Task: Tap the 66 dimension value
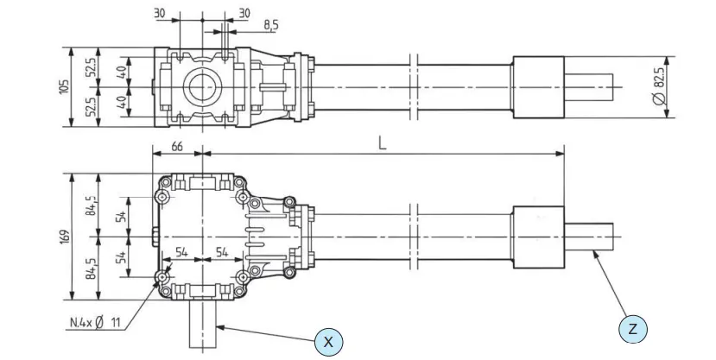click(x=176, y=148)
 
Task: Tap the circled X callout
click(x=328, y=341)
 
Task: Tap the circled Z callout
click(x=633, y=329)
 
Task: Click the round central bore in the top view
click(x=201, y=86)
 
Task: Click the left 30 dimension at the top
click(x=159, y=14)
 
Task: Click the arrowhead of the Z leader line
click(x=595, y=251)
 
